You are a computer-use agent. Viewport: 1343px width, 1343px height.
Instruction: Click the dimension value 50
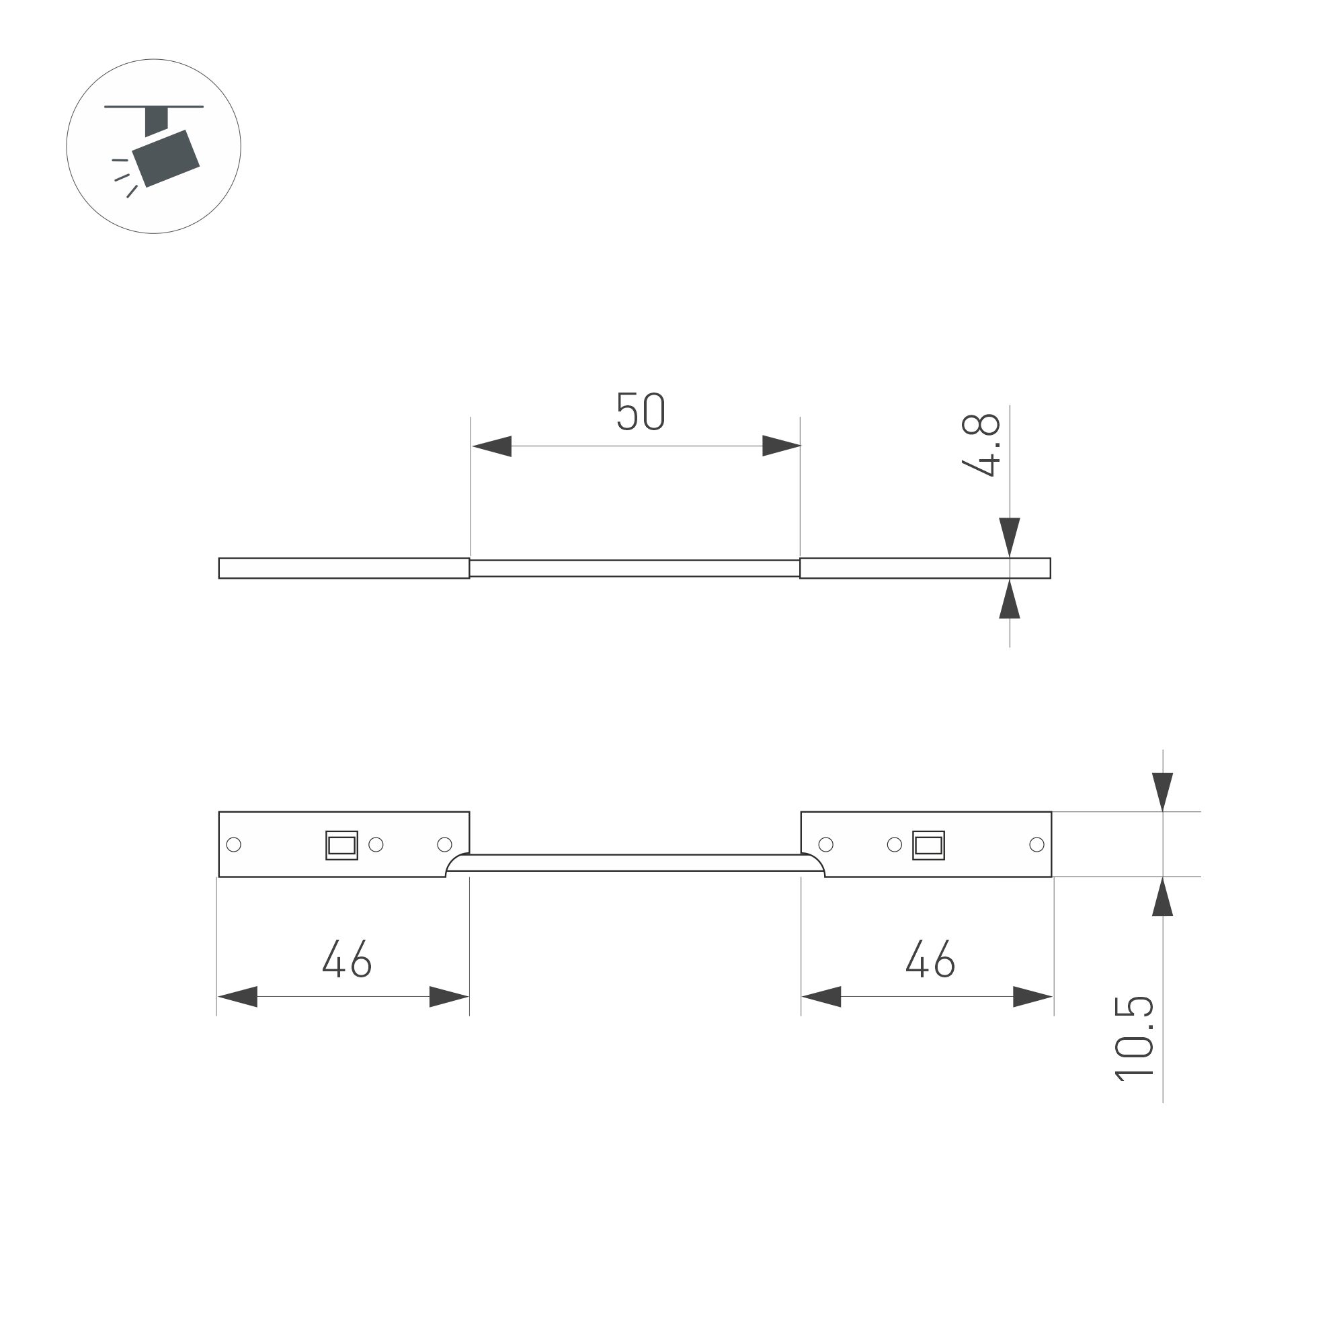click(x=640, y=411)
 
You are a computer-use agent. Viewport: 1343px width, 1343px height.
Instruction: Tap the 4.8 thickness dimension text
click(x=981, y=446)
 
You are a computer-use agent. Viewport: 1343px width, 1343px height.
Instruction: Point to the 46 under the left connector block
click(x=347, y=959)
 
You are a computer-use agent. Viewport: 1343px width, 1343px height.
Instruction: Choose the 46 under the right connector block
click(x=930, y=959)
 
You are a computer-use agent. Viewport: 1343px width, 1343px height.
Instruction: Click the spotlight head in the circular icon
click(x=166, y=159)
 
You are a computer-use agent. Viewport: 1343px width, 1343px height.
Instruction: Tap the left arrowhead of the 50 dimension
click(x=491, y=446)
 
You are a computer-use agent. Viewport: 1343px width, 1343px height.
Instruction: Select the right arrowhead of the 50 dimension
click(x=781, y=446)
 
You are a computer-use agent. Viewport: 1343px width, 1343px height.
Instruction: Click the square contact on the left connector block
click(x=341, y=846)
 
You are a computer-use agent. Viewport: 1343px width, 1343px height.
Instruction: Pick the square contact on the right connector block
click(x=928, y=846)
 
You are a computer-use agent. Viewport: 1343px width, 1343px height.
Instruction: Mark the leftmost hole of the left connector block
click(x=235, y=845)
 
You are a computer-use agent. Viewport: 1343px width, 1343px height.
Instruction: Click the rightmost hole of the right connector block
click(x=1036, y=845)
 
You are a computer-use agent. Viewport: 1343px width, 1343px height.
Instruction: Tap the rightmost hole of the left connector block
click(x=445, y=845)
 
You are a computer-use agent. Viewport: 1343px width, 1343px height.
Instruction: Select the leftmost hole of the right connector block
click(x=826, y=845)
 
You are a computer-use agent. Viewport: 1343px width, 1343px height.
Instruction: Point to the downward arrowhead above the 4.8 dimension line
click(x=1010, y=536)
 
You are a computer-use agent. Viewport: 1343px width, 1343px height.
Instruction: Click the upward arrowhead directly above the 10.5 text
click(x=1162, y=897)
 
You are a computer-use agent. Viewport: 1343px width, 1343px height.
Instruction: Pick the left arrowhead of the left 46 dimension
click(x=238, y=996)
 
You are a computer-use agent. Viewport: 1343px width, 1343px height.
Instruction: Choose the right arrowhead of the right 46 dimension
click(x=1033, y=996)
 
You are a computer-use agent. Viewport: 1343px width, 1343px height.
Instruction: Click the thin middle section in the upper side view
click(x=635, y=568)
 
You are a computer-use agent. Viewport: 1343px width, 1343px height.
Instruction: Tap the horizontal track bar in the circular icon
click(x=154, y=107)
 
